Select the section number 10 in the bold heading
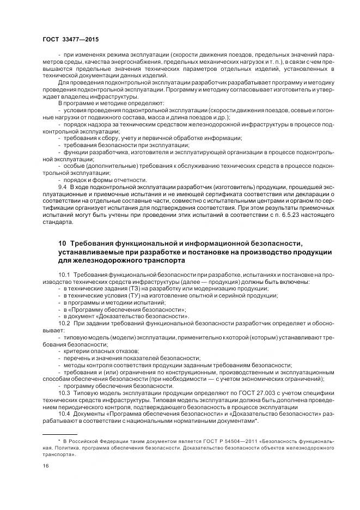click(x=62, y=242)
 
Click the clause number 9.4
click(x=62, y=187)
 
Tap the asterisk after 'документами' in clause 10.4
click(x=257, y=421)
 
